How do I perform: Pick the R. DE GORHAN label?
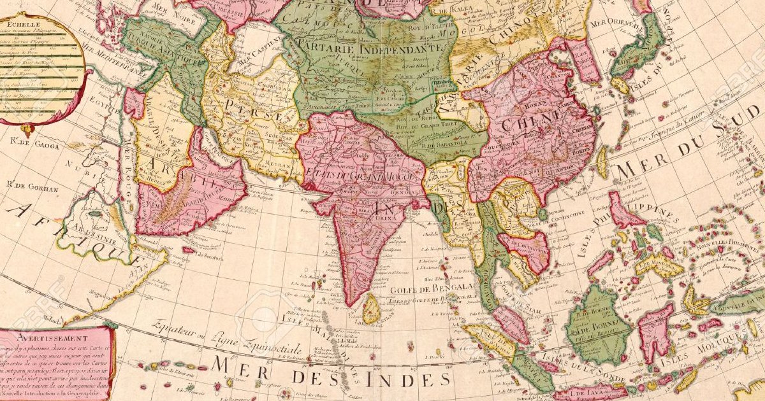click(32, 188)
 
